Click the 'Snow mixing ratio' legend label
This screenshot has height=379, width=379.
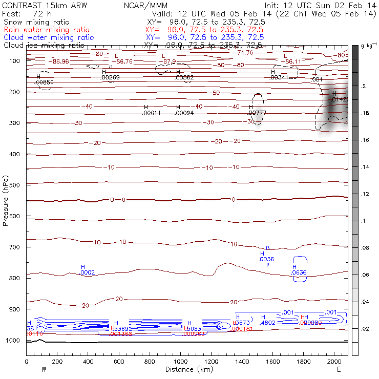[x=35, y=23]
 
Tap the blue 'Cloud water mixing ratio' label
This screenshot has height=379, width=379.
[x=49, y=37]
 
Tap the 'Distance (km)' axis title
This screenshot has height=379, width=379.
[x=187, y=369]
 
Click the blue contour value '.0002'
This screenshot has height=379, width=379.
[x=88, y=272]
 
